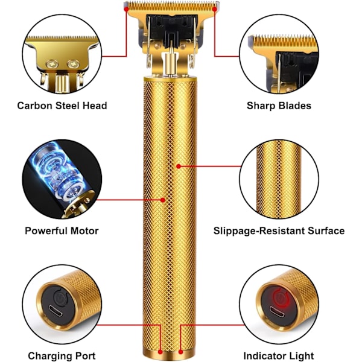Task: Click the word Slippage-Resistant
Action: click(259, 231)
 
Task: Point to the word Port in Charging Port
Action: click(85, 356)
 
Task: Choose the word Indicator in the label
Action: click(262, 356)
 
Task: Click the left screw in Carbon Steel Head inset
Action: click(52, 64)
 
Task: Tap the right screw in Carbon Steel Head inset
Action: click(73, 64)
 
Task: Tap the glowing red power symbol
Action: click(281, 298)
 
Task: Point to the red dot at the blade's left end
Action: click(126, 9)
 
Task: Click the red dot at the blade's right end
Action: click(214, 9)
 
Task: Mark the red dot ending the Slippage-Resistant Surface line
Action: click(179, 166)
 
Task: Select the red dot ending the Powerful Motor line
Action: click(163, 200)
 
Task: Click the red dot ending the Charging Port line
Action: click(160, 352)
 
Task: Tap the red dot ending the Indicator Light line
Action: click(181, 352)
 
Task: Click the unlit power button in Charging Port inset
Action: click(60, 297)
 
